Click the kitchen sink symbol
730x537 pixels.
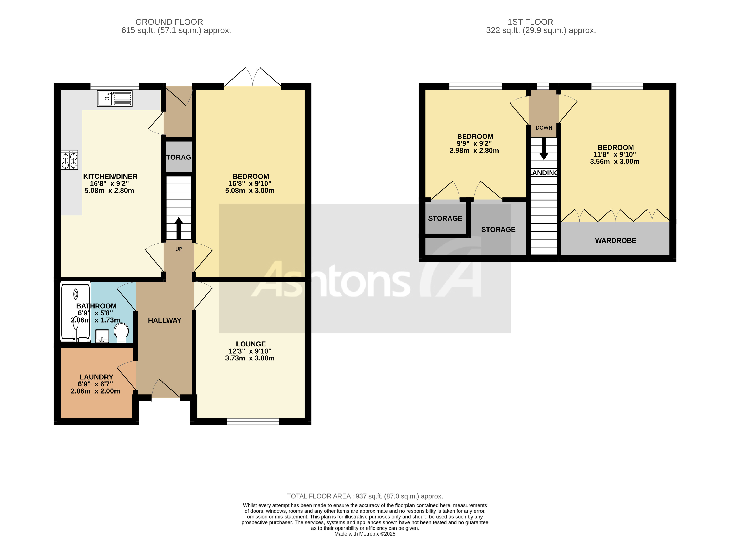(114, 98)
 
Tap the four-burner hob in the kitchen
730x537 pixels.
(69, 160)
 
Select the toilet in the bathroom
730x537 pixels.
(122, 332)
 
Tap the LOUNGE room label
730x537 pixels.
(250, 344)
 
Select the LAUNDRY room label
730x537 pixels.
(96, 377)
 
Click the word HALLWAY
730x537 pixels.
(164, 320)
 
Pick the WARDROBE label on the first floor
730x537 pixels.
(615, 240)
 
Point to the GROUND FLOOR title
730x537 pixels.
(169, 22)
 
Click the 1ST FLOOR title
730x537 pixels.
(530, 22)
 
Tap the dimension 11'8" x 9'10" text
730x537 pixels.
(614, 155)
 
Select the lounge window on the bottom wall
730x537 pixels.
(253, 422)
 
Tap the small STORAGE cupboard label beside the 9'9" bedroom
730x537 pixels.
(445, 218)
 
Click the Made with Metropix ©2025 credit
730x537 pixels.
(364, 534)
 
